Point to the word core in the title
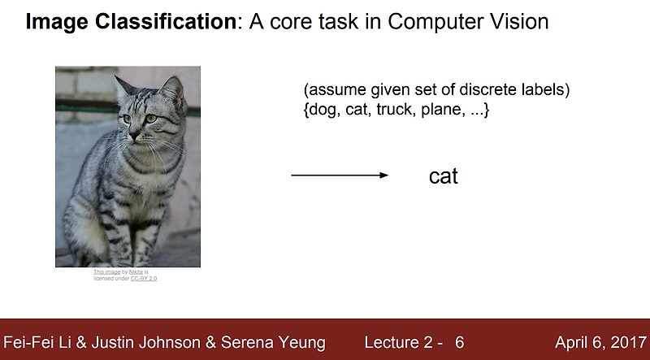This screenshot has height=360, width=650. pyautogui.click(x=292, y=22)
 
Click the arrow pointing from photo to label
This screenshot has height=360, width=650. pyautogui.click(x=339, y=176)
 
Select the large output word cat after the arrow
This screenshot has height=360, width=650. pyautogui.click(x=444, y=176)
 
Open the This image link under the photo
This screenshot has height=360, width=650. pyautogui.click(x=106, y=271)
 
